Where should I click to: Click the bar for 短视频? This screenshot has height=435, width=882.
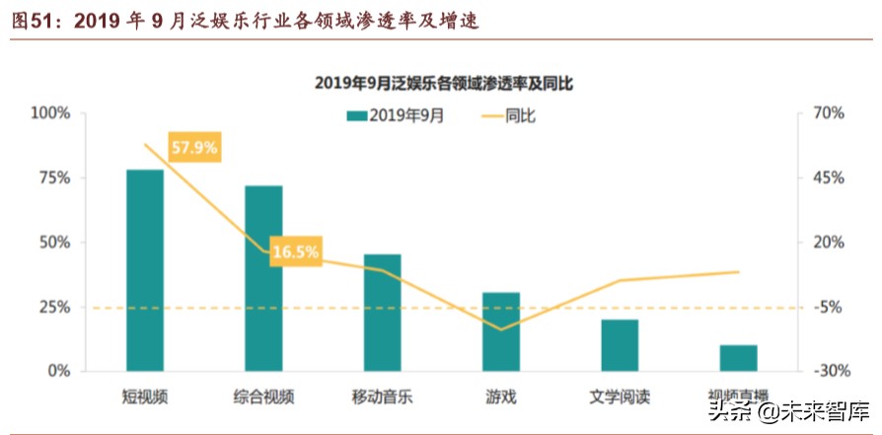145,270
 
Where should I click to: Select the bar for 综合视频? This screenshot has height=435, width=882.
263,278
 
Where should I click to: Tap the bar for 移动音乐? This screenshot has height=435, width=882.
382,313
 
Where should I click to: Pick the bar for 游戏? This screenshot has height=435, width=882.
500,331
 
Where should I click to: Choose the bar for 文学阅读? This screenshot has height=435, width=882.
620,345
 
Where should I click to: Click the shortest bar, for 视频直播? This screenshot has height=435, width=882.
738,358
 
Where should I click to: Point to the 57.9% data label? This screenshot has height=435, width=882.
194,148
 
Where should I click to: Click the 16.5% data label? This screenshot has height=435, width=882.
295,252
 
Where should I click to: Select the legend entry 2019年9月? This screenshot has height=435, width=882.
395,115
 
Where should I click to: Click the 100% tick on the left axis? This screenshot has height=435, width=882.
51,113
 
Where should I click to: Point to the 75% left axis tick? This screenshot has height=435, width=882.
55,178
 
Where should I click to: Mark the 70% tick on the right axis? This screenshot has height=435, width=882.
827,113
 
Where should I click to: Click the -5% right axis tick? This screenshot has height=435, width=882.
827,307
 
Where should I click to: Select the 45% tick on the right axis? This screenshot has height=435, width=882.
827,178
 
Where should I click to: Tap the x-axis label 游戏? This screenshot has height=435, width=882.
500,398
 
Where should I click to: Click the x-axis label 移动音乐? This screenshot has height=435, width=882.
382,398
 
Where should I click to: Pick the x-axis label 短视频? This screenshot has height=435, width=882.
145,398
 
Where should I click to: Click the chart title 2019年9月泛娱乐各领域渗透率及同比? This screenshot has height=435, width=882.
443,84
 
